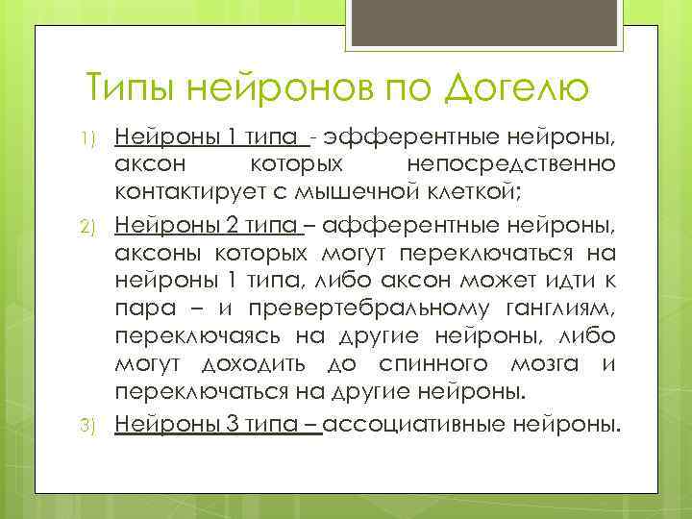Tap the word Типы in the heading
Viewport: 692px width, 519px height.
click(127, 89)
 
